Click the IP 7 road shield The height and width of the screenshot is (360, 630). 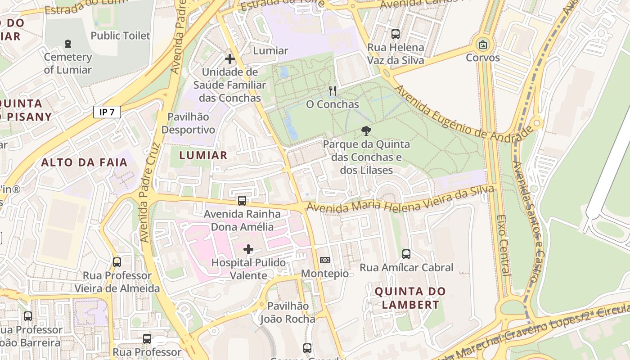[x=107, y=112]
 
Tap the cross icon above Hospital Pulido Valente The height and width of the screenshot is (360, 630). [x=248, y=249]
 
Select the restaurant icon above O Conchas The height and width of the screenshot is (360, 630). [x=333, y=91]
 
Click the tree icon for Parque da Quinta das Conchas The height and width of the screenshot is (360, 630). [x=366, y=131]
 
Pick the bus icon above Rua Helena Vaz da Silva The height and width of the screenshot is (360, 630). [x=396, y=34]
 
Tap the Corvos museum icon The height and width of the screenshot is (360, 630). [x=483, y=45]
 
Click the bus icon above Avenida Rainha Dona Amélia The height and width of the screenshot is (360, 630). [x=242, y=201]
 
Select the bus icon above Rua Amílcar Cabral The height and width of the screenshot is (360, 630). [x=406, y=254]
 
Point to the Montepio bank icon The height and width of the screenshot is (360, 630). [x=324, y=260]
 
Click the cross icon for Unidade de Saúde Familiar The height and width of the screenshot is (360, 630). [x=230, y=59]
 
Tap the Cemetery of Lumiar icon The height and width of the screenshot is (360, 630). [x=68, y=44]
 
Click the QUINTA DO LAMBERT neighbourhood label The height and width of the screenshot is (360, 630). [x=410, y=298]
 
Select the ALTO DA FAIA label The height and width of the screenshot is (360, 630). [x=85, y=162]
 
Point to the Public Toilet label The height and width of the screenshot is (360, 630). [x=120, y=36]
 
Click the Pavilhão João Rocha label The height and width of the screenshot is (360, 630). [x=288, y=312]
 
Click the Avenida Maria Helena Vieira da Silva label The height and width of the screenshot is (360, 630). [x=400, y=200]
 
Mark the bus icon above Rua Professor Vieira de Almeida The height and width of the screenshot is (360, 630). [x=117, y=262]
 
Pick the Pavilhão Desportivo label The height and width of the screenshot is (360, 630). [x=188, y=123]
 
